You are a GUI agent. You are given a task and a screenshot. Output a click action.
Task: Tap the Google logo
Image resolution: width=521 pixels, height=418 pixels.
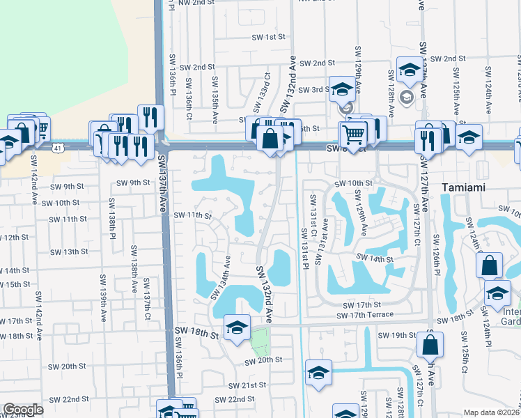(23, 410)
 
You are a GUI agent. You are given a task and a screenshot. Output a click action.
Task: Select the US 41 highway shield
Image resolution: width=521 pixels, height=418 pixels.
(59, 147)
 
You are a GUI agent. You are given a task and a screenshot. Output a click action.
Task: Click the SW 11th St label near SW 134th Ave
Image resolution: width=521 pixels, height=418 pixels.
(192, 215)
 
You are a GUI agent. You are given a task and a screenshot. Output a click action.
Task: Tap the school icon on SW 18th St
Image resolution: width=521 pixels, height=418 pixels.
(237, 327)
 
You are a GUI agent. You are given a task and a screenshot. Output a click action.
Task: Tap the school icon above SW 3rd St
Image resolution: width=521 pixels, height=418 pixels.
(342, 88)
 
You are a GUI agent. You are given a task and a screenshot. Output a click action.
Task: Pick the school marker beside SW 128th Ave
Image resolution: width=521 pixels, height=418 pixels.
(408, 69)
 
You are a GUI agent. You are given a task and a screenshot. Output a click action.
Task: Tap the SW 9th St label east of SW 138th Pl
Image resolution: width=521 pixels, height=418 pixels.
(133, 183)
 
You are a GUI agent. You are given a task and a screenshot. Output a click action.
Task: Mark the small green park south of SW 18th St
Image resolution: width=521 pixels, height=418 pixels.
(259, 341)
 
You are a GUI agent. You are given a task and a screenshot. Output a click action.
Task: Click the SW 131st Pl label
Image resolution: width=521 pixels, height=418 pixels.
(304, 247)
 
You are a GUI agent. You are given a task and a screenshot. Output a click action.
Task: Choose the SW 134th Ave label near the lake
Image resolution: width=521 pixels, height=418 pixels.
(221, 278)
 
